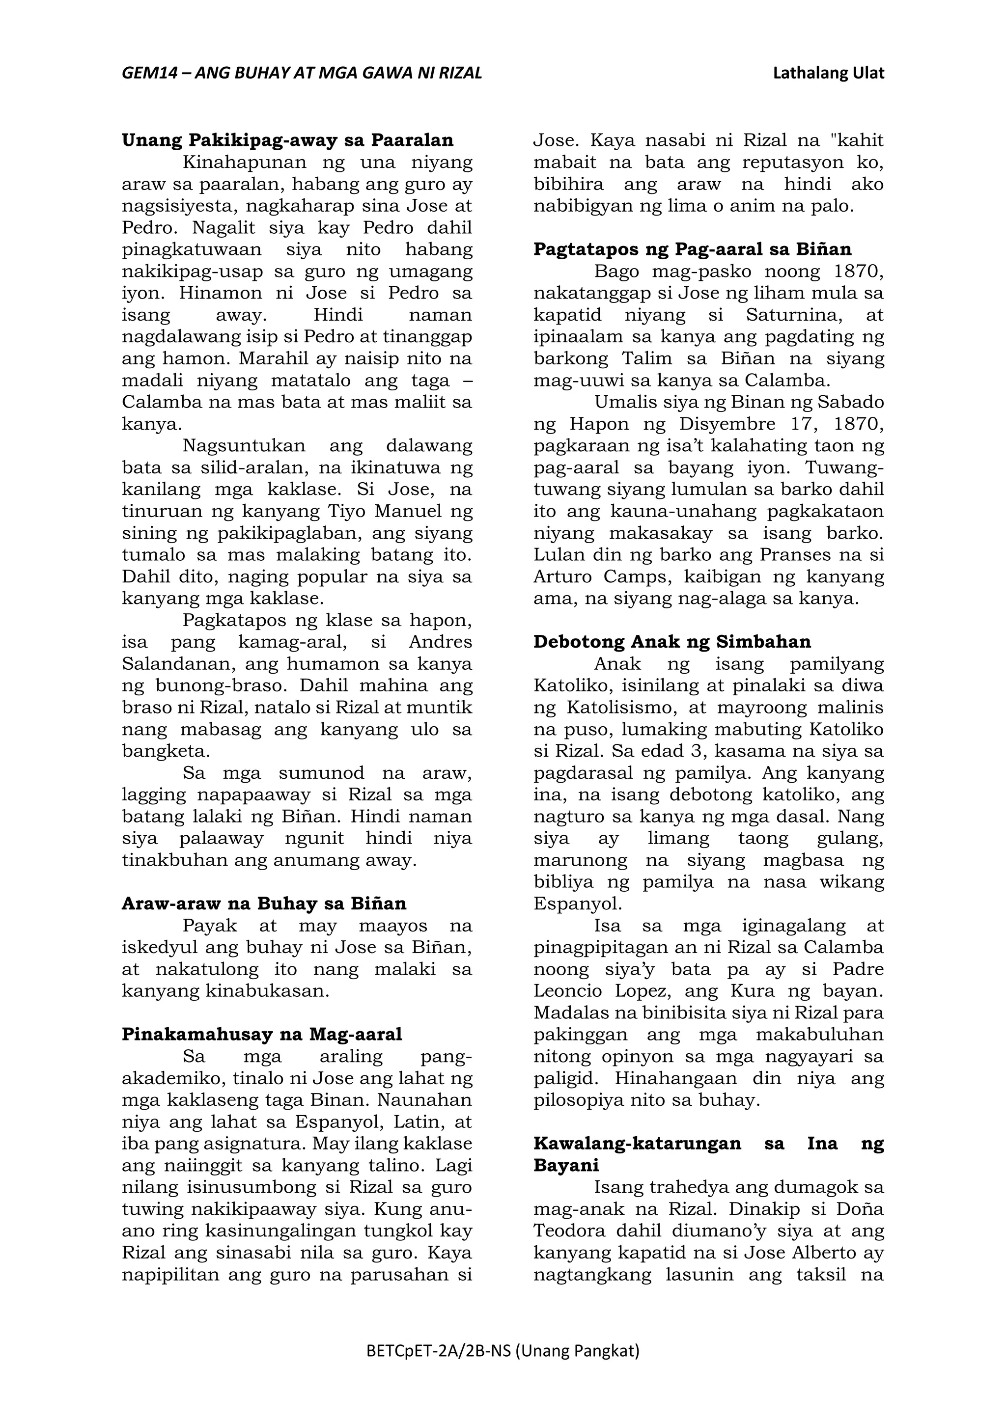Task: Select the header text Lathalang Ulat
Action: click(x=828, y=74)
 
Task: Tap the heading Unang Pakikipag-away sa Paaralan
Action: click(x=287, y=140)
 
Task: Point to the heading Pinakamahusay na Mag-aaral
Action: click(x=261, y=1034)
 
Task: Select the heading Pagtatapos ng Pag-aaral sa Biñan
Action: click(x=692, y=249)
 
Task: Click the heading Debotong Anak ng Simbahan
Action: click(x=672, y=642)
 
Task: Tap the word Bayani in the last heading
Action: click(x=565, y=1166)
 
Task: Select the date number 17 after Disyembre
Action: click(x=803, y=424)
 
